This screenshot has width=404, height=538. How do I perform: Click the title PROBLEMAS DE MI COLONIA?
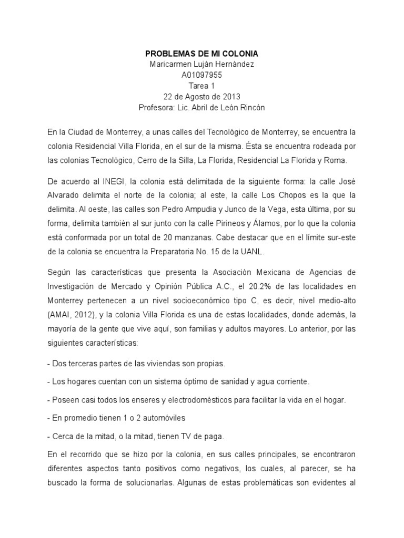pyautogui.click(x=202, y=54)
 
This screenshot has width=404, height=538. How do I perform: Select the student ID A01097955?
pyautogui.click(x=202, y=75)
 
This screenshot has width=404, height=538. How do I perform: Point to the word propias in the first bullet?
pyautogui.click(x=210, y=363)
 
